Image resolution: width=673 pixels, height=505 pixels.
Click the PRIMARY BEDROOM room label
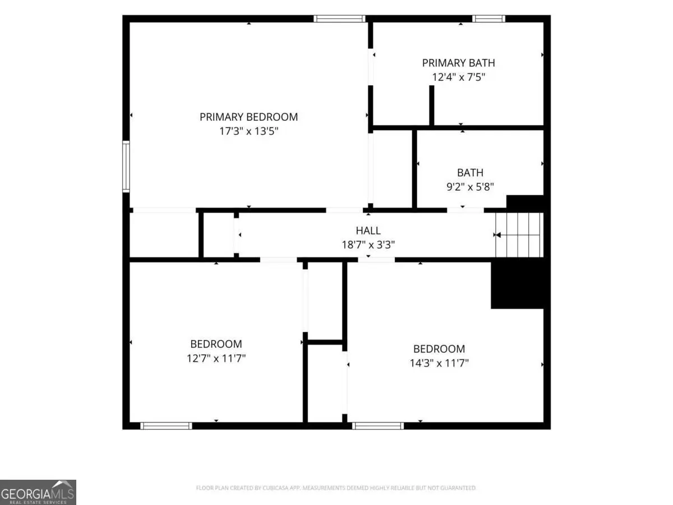coord(248,117)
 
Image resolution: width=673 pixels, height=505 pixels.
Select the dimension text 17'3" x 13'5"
coord(248,131)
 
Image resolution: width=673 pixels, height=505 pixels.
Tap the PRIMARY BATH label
coord(458,63)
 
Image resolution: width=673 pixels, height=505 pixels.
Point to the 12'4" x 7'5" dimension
coord(458,77)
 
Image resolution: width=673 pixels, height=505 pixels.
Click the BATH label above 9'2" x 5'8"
coord(470,173)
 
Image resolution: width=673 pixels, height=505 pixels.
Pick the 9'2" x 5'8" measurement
coord(470,187)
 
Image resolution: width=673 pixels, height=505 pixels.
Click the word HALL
coord(368,231)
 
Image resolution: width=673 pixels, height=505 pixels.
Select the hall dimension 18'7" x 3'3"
coord(368,245)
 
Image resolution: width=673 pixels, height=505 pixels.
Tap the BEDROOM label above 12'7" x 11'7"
coord(216,344)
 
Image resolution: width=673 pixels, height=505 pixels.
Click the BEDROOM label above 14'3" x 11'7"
coord(439,349)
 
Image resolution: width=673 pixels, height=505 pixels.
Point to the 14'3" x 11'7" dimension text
coord(439,363)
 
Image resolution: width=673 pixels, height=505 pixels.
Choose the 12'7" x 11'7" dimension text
coord(216,358)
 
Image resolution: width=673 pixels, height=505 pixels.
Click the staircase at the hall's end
coord(519,235)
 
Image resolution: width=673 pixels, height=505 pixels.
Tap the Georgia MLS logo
coord(38,492)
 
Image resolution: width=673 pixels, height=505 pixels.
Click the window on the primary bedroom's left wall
coord(126,167)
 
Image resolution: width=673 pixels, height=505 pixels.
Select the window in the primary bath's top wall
coord(488,19)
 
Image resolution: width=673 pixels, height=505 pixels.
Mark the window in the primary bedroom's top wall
coord(339,19)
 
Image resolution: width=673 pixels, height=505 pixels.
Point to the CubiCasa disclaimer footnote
coord(336,488)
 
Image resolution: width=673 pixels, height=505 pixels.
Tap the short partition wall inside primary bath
coord(432,105)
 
